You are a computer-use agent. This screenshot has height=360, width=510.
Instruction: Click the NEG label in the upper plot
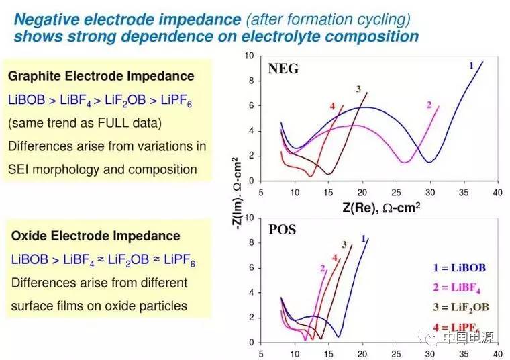point(283,68)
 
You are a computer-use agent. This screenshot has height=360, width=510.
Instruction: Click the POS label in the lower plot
point(283,230)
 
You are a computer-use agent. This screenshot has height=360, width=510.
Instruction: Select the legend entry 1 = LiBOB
point(459,267)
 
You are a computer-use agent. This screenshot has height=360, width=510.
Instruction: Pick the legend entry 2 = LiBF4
point(459,288)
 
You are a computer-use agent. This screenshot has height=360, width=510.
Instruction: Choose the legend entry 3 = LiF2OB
point(462,308)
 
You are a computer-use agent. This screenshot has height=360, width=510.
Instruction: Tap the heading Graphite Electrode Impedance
point(101,77)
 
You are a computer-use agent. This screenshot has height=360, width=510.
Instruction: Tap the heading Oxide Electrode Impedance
point(96,236)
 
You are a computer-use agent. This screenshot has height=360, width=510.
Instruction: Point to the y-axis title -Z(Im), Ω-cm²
point(236,193)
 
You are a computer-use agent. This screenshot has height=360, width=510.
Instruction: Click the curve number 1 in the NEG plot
point(471,65)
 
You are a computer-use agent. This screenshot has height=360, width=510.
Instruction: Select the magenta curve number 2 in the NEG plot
point(429,104)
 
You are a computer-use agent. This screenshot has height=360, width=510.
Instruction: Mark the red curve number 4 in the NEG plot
point(332,107)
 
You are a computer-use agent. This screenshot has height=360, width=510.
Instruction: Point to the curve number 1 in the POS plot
point(363,238)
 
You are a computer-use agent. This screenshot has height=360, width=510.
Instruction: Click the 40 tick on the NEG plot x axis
point(497,193)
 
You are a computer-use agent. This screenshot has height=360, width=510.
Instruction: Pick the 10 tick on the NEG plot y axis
point(250,56)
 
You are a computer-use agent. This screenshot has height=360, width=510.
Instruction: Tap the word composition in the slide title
point(378,36)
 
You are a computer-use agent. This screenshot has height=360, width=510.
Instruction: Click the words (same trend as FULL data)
point(85,123)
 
